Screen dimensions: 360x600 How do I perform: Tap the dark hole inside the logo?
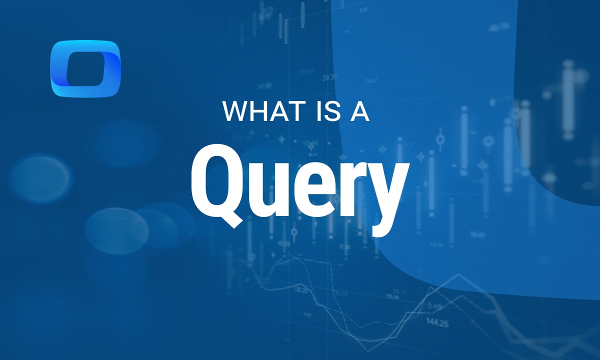pos(86,68)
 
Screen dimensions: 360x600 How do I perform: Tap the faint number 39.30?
pos(329,77)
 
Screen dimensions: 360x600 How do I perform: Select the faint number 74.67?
pos(371,80)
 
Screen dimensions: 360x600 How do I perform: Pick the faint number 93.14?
pos(399,291)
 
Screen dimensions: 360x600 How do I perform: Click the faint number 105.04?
pos(310,143)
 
